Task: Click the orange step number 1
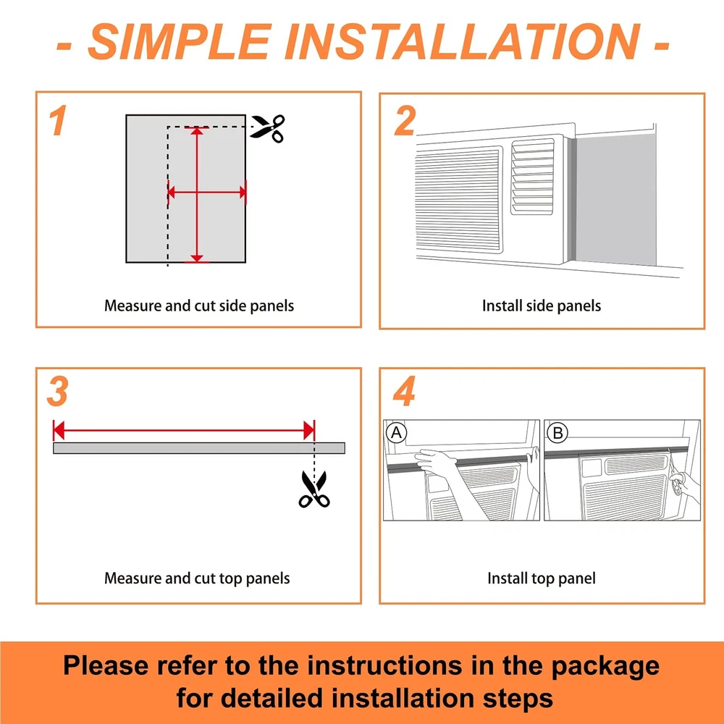pos(58,120)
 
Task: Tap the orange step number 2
pos(405,121)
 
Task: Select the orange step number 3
pos(58,392)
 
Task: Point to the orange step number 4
pos(405,391)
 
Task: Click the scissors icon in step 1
pos(268,128)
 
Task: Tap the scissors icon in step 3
pos(314,489)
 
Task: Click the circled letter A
pos(396,433)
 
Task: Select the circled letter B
pos(557,433)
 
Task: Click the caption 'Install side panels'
pos(541,306)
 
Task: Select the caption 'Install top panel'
pos(541,578)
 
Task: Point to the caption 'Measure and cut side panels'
pos(199,306)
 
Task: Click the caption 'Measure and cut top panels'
pos(197,578)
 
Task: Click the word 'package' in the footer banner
pos(605,666)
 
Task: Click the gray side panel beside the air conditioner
pos(616,200)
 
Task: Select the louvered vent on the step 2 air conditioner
pos(532,177)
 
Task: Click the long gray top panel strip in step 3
pos(199,448)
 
